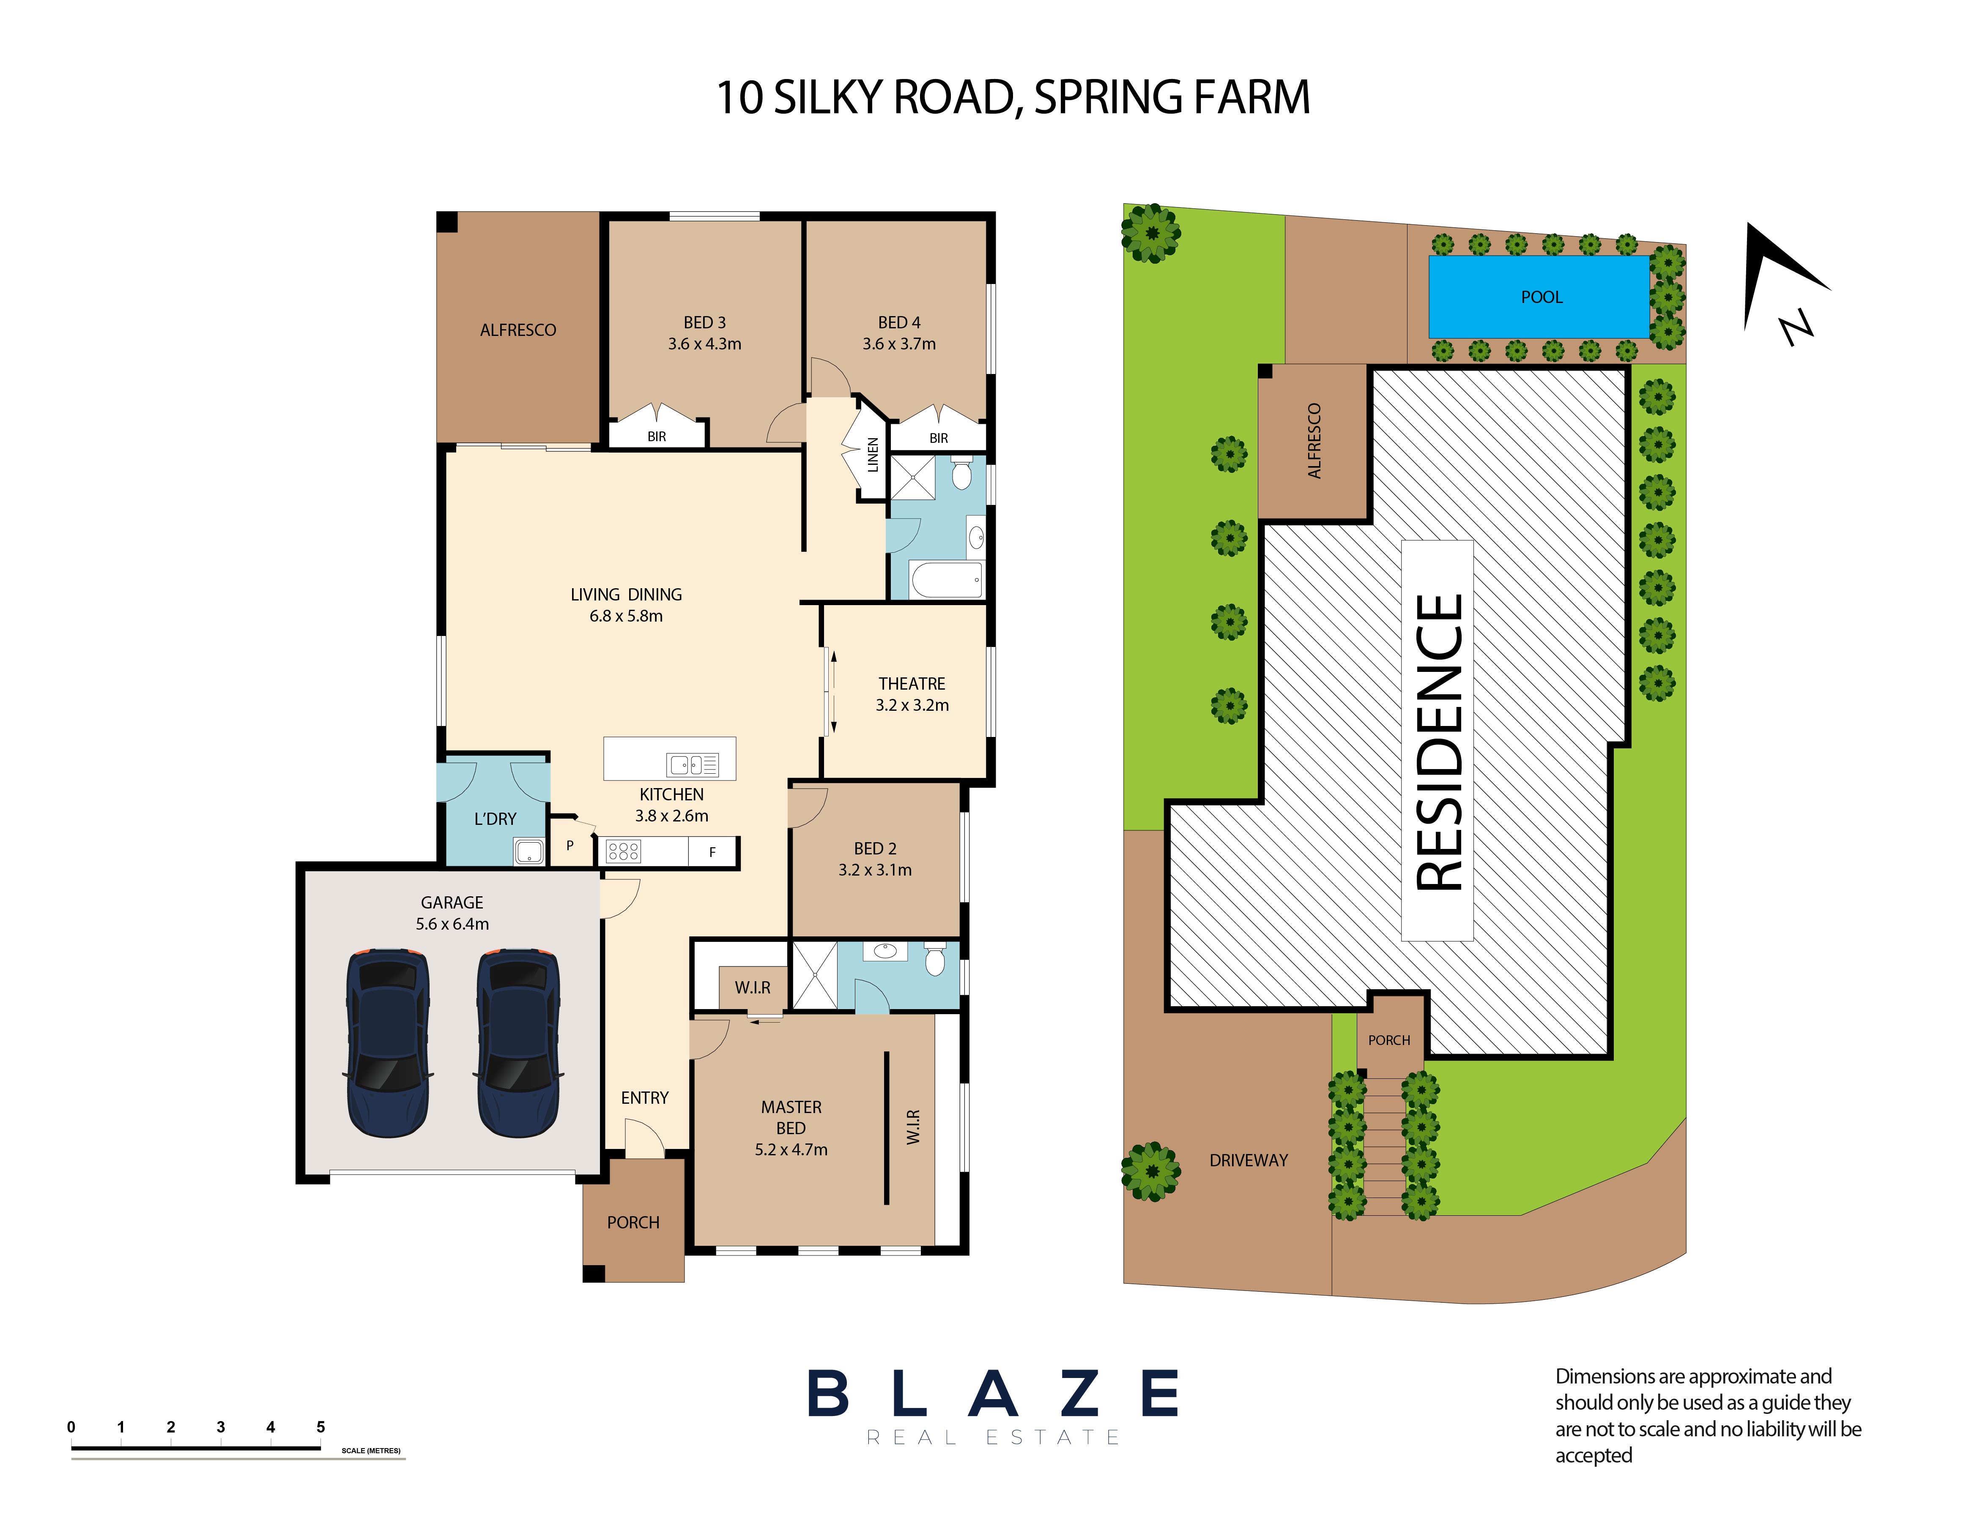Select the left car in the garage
(388, 1042)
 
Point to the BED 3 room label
(704, 322)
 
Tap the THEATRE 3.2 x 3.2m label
(912, 694)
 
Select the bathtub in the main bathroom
(946, 579)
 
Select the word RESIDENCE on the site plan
(1439, 741)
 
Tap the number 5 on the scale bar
(320, 1427)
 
